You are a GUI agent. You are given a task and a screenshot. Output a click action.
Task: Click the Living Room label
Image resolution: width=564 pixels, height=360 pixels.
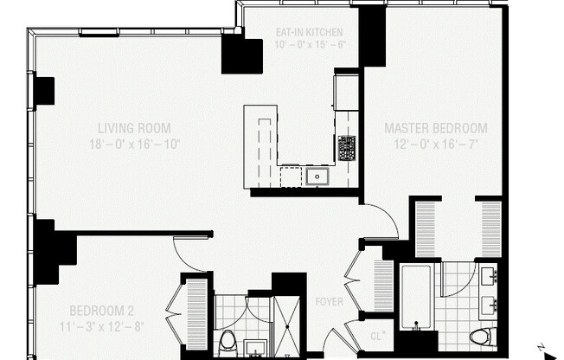click(133, 127)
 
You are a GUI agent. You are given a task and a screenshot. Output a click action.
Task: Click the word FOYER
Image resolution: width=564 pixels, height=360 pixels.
click(329, 302)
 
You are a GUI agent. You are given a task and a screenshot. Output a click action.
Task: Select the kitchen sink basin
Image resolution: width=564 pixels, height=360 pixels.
click(317, 177)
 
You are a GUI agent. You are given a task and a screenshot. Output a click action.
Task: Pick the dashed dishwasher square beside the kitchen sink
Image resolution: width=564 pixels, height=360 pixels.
click(291, 177)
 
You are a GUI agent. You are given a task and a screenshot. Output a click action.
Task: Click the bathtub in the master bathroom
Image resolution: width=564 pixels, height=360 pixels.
click(416, 296)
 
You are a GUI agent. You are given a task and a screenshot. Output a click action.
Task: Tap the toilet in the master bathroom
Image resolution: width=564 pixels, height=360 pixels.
click(480, 337)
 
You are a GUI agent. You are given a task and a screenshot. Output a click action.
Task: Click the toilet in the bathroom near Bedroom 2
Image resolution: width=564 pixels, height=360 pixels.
click(228, 341)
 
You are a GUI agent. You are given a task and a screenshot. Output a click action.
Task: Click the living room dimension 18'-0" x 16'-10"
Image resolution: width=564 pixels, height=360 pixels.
click(133, 144)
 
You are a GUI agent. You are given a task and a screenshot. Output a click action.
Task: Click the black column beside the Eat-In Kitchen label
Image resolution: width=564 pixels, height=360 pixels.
click(241, 55)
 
